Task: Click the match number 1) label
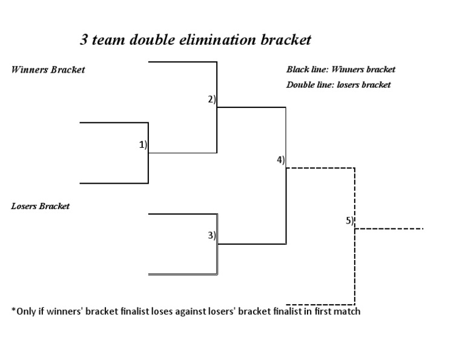click(143, 145)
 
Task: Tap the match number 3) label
click(212, 236)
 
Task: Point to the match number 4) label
click(281, 160)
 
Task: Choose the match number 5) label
click(349, 221)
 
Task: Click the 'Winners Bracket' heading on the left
click(48, 70)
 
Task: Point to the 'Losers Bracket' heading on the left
click(41, 206)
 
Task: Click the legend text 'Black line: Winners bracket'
click(340, 70)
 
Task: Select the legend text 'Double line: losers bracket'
click(338, 85)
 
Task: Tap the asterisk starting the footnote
click(13, 312)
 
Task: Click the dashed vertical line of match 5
click(355, 267)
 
